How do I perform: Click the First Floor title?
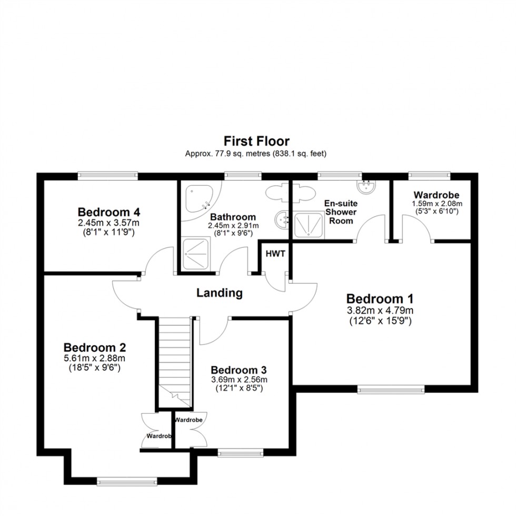[257, 141]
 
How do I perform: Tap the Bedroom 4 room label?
[108, 212]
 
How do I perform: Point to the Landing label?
[219, 293]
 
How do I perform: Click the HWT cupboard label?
[275, 253]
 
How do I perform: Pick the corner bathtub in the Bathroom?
[198, 197]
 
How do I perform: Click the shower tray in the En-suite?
[308, 226]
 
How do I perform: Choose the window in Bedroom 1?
[391, 389]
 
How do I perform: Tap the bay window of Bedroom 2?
[127, 480]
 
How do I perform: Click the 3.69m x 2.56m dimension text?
[240, 380]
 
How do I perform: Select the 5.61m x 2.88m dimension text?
[94, 358]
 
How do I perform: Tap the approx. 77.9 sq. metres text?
[256, 154]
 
